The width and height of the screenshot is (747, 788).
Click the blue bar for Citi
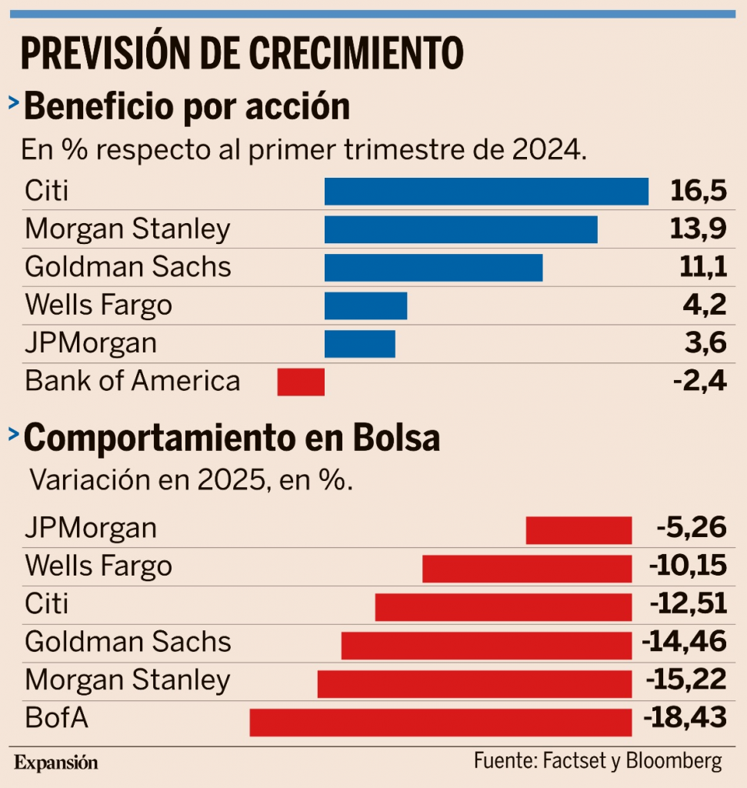click(486, 191)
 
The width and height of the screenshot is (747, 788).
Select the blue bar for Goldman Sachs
click(433, 268)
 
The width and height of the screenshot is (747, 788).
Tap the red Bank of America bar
click(301, 382)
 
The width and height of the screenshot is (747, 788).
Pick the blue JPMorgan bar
click(359, 344)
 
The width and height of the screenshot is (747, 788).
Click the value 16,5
click(698, 191)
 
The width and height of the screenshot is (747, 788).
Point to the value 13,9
click(698, 229)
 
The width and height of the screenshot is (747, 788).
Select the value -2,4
click(699, 382)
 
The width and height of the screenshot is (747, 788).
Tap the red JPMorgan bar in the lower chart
click(579, 530)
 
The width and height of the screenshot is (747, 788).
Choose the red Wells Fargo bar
click(527, 568)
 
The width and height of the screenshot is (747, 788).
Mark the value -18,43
click(685, 720)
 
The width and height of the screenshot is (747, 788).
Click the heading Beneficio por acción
click(187, 107)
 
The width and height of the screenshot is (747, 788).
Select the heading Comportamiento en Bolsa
click(232, 438)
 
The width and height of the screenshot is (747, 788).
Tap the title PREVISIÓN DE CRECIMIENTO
click(242, 52)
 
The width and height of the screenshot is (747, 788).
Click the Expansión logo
click(57, 763)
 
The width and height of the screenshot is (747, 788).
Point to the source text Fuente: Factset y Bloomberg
click(598, 761)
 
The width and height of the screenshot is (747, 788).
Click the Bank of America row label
click(132, 382)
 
